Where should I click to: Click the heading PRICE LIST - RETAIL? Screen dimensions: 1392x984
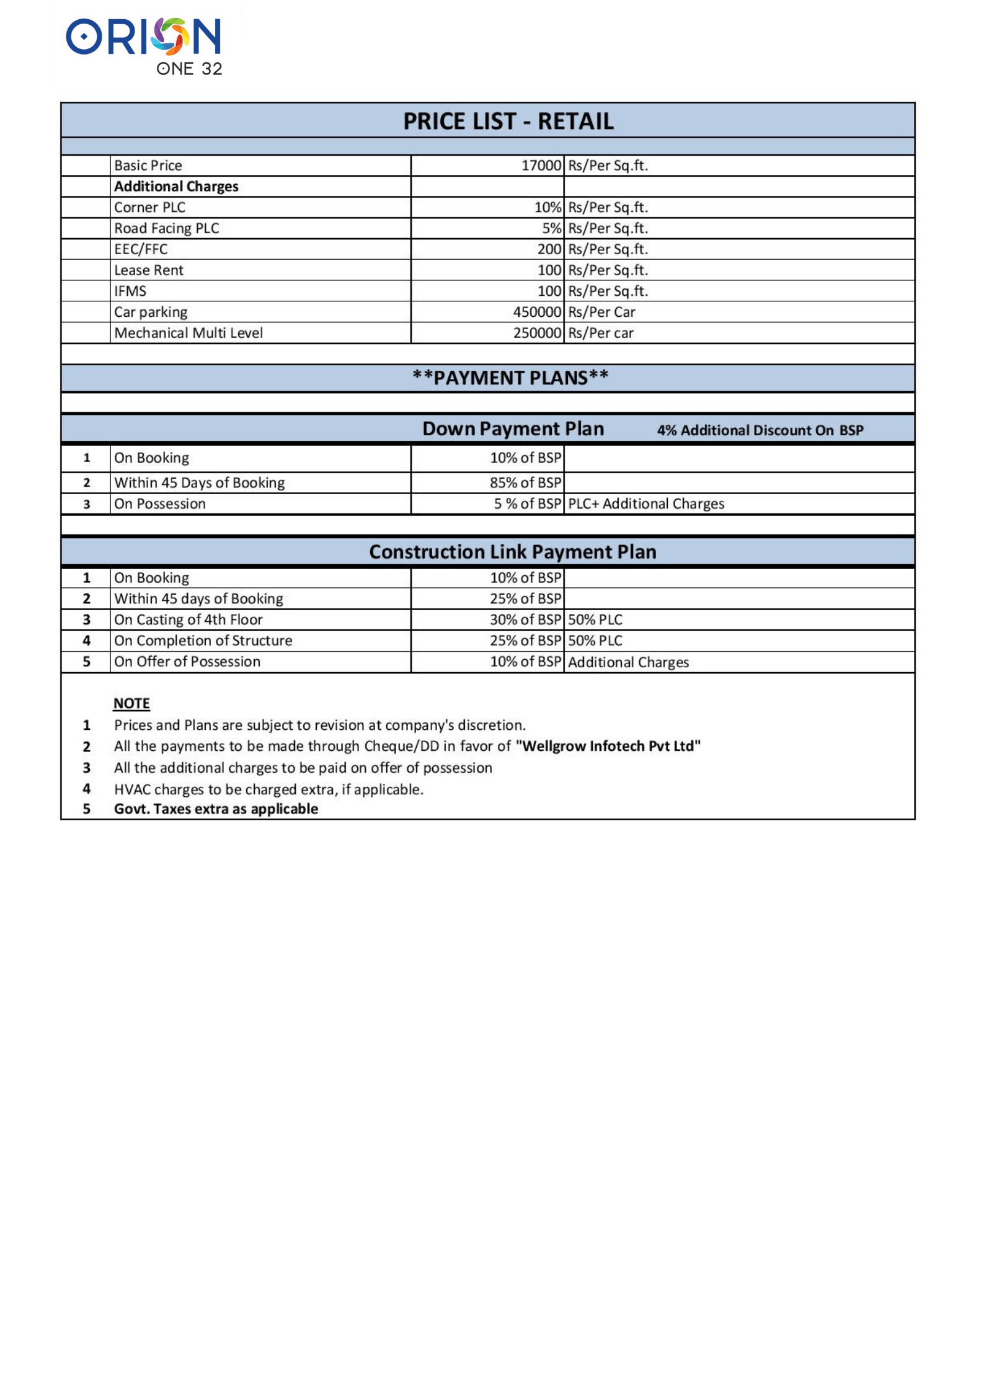point(508,122)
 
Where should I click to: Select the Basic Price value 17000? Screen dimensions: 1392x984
point(541,166)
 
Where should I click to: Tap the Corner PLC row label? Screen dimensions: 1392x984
point(149,208)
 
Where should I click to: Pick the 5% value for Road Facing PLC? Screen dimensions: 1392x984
point(551,229)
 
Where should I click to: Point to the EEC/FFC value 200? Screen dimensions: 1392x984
point(549,249)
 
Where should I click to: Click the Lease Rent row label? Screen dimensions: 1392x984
point(149,270)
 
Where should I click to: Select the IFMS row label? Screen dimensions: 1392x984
point(130,291)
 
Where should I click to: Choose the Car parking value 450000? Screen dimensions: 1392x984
point(537,313)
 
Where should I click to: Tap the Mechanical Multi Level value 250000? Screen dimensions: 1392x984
point(537,334)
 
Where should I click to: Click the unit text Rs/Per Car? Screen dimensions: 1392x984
point(601,313)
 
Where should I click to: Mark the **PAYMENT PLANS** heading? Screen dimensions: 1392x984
point(510,378)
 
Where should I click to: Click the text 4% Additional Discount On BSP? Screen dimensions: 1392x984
point(760,430)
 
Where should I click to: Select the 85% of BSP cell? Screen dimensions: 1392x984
point(525,483)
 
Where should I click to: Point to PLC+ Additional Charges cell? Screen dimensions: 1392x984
point(646,504)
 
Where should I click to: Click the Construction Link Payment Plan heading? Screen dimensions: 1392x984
point(512,552)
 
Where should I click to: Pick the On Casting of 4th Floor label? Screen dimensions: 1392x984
point(188,620)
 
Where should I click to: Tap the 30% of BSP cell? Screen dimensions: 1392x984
point(525,620)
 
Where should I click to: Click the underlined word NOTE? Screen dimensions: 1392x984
point(131,704)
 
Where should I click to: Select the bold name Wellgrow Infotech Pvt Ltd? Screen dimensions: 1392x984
point(608,747)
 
